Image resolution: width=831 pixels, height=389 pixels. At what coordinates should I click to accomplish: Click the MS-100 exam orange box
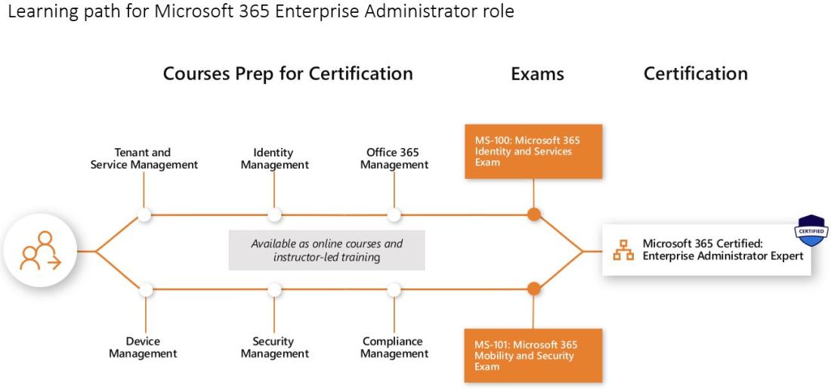tap(533, 152)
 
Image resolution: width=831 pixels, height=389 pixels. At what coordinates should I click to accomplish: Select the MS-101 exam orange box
tap(533, 355)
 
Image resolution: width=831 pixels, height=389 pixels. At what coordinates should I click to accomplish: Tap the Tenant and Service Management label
tap(144, 159)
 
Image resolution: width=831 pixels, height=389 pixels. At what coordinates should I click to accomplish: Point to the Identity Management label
tap(274, 159)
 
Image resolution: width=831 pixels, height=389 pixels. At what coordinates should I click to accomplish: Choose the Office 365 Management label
tap(394, 159)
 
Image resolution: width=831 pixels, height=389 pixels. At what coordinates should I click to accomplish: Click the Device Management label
tap(143, 347)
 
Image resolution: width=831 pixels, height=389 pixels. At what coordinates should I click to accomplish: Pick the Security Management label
tap(274, 347)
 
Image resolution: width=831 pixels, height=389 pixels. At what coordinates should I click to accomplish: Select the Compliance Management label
tap(394, 347)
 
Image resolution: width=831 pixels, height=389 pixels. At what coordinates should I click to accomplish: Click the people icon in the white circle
tap(40, 251)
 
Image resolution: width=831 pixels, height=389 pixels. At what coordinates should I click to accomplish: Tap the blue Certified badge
tap(811, 230)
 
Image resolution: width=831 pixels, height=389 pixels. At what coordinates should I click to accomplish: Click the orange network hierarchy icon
tap(623, 250)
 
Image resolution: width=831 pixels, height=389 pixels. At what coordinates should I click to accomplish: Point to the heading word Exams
tap(537, 74)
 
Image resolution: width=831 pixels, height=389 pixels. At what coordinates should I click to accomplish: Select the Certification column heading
tap(695, 73)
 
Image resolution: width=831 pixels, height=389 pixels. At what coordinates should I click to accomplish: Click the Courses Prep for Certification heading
tap(288, 73)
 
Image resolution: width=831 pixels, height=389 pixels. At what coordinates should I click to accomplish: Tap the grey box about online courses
tap(327, 250)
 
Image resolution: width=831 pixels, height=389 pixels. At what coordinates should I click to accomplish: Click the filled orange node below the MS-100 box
tap(533, 215)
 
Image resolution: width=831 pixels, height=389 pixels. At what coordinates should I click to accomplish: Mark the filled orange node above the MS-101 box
tap(533, 289)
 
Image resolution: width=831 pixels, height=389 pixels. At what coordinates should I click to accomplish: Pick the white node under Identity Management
tap(274, 215)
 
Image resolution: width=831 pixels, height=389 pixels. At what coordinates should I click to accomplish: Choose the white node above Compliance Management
tap(394, 289)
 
